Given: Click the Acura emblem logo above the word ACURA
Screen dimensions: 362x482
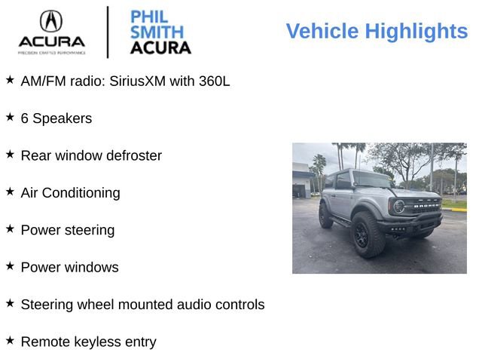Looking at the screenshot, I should [x=51, y=20].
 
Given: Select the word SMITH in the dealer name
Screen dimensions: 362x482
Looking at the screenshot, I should [x=157, y=32].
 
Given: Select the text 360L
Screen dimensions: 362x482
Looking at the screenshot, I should [x=215, y=81].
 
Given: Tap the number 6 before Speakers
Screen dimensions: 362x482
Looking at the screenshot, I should [x=25, y=118].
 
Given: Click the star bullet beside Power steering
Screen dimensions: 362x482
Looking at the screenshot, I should [x=10, y=228].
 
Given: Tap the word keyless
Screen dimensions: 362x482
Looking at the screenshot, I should [x=101, y=342].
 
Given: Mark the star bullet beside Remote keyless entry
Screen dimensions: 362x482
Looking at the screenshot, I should [x=10, y=339].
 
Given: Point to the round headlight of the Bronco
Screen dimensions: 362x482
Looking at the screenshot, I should [x=398, y=206].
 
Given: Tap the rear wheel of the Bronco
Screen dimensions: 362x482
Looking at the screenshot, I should [x=325, y=216].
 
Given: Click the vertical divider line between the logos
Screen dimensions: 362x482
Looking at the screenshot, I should [x=108, y=32].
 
